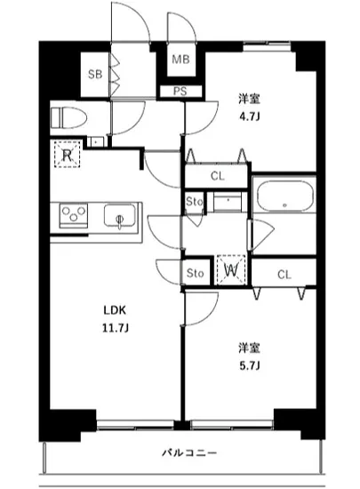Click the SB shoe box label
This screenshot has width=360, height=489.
pyautogui.click(x=94, y=74)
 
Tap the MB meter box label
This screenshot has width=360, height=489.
pyautogui.click(x=180, y=60)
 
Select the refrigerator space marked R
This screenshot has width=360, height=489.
pyautogui.click(x=66, y=155)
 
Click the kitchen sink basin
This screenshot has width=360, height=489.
pyautogui.click(x=118, y=216)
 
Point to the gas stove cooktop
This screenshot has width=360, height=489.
pyautogui.click(x=73, y=216)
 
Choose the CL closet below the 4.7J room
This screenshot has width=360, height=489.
pyautogui.click(x=217, y=176)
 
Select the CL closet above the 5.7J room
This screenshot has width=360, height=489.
pyautogui.click(x=284, y=273)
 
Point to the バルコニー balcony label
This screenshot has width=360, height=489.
pyautogui.click(x=189, y=453)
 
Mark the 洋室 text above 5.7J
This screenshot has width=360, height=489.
pyautogui.click(x=246, y=347)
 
